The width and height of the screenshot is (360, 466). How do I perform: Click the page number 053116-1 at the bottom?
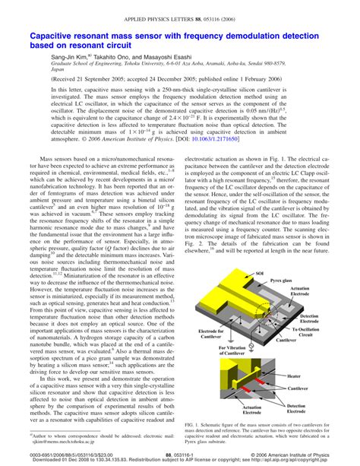pos(181,454)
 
